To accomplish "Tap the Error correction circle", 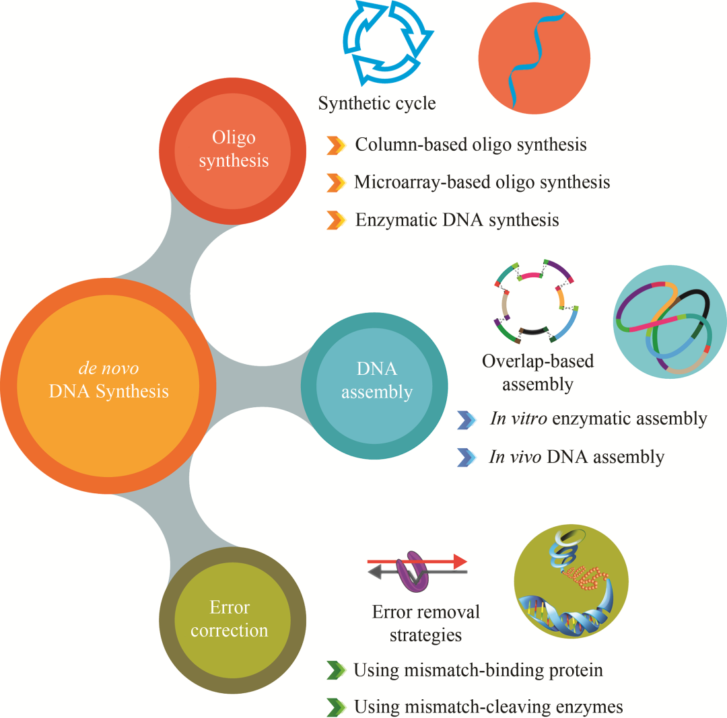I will (229, 618).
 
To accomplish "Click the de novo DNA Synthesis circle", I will (108, 381).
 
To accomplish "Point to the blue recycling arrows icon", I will (384, 44).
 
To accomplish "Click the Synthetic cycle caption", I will (376, 104).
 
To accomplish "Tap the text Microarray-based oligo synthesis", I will (482, 182).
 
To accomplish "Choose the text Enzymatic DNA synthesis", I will (457, 219).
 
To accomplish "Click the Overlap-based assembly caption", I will (538, 372).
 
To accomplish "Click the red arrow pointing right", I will (417, 561).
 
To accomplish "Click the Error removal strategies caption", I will (425, 622).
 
